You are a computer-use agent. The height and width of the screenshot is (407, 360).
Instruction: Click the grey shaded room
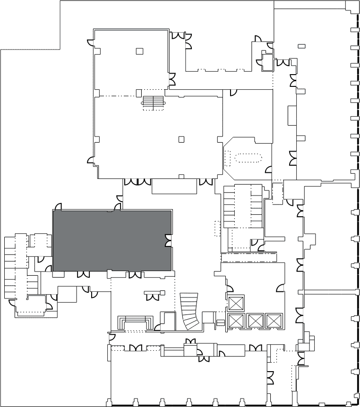pos(111,240)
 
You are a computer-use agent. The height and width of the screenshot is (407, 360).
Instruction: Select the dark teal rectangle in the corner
pos(30,24)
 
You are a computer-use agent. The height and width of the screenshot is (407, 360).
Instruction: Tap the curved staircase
pos(190,311)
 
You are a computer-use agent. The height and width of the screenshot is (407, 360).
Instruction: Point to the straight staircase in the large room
pos(153,102)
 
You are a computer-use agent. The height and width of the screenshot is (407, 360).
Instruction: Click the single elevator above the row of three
pos(235,303)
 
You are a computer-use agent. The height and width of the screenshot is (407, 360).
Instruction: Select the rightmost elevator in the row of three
pos(273,321)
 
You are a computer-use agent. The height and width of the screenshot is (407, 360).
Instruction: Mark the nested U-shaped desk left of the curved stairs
pos(136,322)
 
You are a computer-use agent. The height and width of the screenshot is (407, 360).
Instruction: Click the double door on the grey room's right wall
pos(168,240)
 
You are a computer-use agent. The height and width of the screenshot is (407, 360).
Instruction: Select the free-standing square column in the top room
pos(139,51)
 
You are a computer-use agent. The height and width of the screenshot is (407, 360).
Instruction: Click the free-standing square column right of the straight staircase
pos(181,139)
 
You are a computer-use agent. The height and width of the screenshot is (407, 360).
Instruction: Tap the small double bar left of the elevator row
pos(220,322)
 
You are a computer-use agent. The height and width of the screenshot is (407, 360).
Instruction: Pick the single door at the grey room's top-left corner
pos(59,207)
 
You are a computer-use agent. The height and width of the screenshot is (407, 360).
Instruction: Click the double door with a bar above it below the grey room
pos(153,295)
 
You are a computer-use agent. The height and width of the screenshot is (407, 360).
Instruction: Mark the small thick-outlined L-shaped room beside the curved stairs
pos(167,320)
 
